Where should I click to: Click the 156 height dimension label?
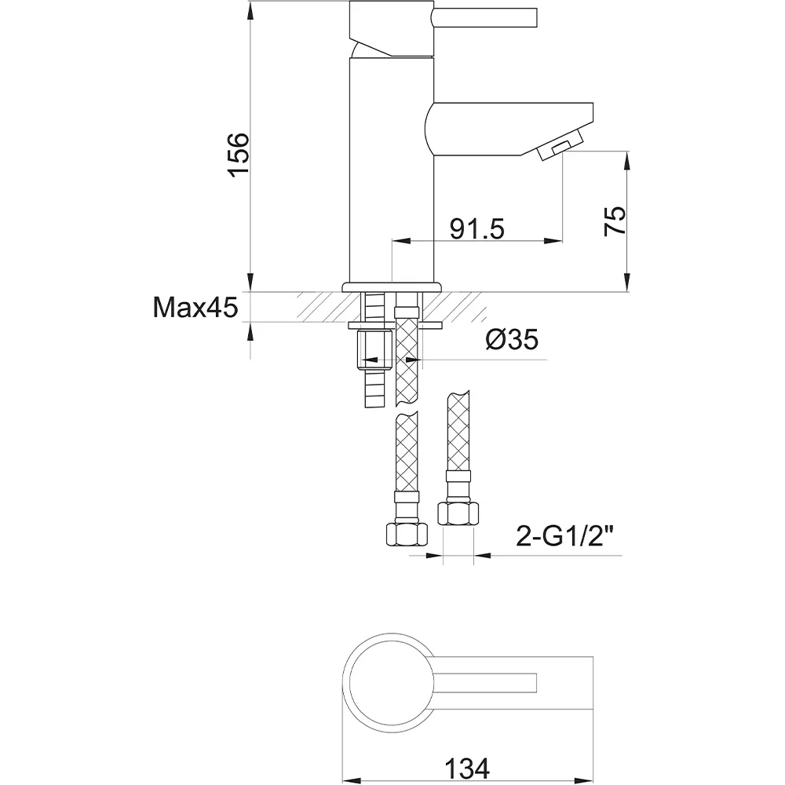coord(239,155)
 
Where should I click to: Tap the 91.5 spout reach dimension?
coord(476,228)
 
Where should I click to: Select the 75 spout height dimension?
coord(615,221)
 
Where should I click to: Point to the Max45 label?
coord(195,307)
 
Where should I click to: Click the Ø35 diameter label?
coord(512,339)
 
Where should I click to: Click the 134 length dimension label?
coord(467,768)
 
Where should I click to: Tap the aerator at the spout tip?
coord(560,144)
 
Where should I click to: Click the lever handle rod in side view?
coord(485,17)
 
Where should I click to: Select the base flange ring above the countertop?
coord(392,287)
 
